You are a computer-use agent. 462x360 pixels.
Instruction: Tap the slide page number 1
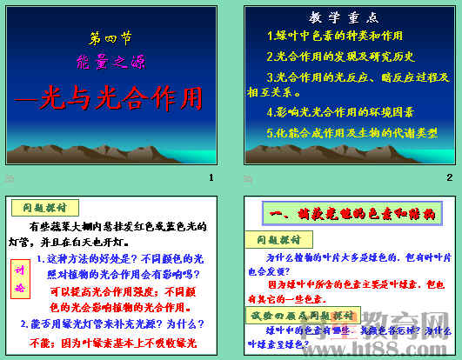[x=211, y=177]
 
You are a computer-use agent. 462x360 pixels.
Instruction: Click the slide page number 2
[x=449, y=177]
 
